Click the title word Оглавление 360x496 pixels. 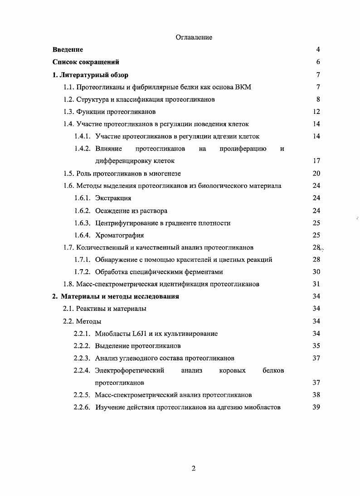click(194, 37)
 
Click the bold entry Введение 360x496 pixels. click(68, 49)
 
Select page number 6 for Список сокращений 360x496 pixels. click(318, 62)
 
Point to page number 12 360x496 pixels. click(316, 112)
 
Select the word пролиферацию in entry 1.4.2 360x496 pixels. click(243, 149)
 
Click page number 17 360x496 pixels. click(316, 161)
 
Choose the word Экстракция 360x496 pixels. click(113, 198)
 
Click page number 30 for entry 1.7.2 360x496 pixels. click(316, 272)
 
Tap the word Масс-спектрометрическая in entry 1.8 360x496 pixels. click(114, 284)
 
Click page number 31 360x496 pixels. click(316, 284)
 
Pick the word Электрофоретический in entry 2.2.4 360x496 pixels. click(129, 370)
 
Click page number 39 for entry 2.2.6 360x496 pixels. click(316, 407)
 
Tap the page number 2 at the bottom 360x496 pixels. click(194, 469)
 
